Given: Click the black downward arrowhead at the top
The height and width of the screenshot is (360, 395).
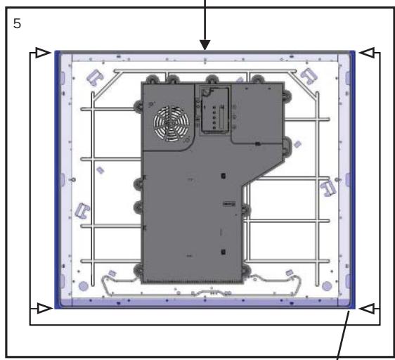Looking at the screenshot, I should (205, 46).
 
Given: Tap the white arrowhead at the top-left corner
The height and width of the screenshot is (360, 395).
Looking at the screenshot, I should (41, 52).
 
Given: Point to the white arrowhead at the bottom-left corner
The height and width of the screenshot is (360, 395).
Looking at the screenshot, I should (41, 307).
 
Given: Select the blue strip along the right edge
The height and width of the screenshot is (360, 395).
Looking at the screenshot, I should (350, 176).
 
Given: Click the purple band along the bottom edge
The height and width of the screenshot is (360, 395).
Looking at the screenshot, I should (204, 302).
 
